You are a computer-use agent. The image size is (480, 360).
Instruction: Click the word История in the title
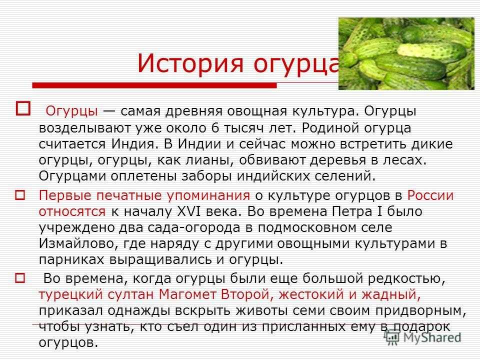tap(190, 63)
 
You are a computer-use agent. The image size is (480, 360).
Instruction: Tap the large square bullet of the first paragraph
tap(23, 108)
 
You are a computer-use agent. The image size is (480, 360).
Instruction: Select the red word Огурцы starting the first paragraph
tap(71, 111)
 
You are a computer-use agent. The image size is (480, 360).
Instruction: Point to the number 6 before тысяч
tap(215, 127)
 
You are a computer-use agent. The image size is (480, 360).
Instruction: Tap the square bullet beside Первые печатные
tap(20, 195)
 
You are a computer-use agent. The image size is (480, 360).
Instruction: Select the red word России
tap(430, 195)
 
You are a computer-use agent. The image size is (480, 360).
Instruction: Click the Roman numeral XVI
tap(189, 211)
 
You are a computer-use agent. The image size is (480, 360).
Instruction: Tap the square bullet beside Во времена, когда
tap(20, 278)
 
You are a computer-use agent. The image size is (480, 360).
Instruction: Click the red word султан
tap(130, 294)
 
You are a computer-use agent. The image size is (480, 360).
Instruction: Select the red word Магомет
tap(187, 294)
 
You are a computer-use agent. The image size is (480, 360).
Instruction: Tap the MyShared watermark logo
tap(422, 337)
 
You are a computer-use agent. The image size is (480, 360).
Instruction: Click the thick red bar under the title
tap(154, 85)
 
